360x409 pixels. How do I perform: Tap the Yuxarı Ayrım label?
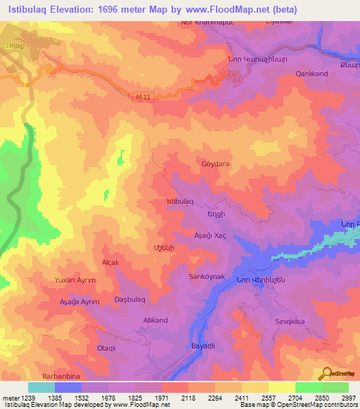pos(75,280)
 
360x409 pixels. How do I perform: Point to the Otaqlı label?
pos(106,348)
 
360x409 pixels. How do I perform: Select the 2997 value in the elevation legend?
pos(348,398)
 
